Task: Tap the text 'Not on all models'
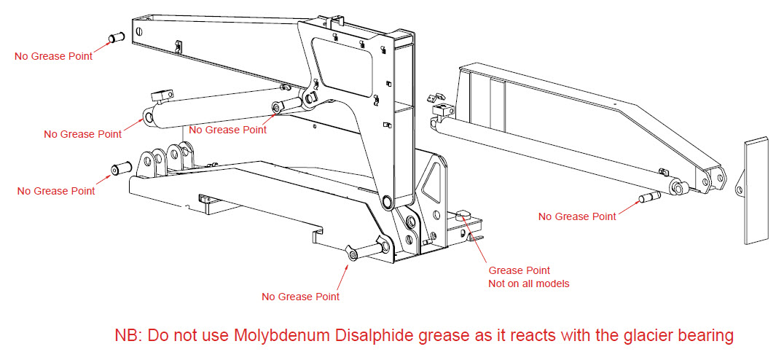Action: click(x=528, y=283)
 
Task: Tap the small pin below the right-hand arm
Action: click(x=649, y=197)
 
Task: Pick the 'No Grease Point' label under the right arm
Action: click(x=577, y=216)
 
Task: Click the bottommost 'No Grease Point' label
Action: click(x=300, y=296)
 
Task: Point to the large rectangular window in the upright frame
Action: click(x=343, y=61)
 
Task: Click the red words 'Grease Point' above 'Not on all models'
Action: click(x=519, y=270)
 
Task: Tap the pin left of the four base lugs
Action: click(x=119, y=168)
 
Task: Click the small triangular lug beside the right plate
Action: click(x=739, y=189)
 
